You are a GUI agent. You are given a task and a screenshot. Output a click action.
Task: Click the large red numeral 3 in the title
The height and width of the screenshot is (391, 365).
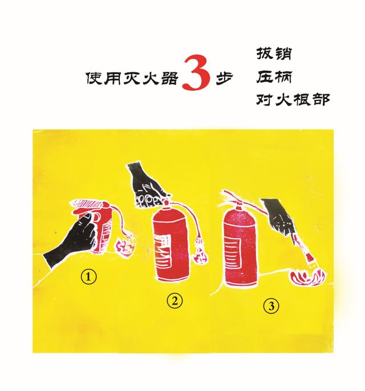196,72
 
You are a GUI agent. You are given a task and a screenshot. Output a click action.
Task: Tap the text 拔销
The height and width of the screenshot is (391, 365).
274,53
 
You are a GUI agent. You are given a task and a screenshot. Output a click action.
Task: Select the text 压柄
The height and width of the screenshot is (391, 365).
274,76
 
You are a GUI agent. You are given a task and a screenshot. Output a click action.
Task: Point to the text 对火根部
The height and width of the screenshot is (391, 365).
293,99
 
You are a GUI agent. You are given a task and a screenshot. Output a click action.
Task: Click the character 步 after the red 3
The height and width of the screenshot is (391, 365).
224,79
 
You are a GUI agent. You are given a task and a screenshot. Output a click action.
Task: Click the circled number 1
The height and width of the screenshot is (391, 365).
88,277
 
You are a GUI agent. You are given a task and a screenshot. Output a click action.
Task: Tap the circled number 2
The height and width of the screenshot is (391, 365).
175,301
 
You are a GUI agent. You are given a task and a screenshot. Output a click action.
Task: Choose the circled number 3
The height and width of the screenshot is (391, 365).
271,306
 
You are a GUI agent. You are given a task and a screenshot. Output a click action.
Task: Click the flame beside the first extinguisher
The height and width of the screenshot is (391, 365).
124,247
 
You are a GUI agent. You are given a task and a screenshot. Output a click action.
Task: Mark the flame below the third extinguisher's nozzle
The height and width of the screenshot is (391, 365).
308,277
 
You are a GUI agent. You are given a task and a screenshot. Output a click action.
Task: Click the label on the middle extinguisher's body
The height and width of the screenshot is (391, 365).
163,251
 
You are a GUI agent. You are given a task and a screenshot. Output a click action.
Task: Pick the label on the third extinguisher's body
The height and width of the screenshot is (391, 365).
233,253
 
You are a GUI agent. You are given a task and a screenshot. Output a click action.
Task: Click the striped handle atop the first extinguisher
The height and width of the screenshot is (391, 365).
88,203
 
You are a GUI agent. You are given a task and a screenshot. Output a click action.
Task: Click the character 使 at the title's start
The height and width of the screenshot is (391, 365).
95,79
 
